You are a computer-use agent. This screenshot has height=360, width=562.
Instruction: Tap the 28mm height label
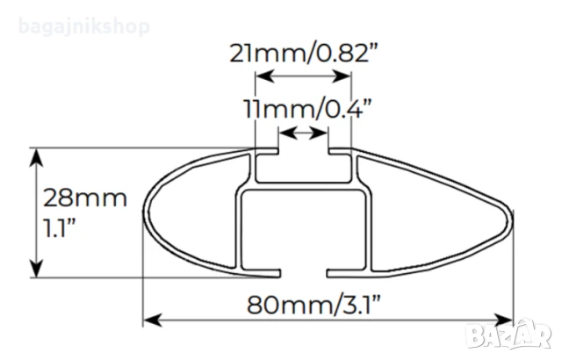(85, 198)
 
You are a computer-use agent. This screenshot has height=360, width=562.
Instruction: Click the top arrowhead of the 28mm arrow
(37, 156)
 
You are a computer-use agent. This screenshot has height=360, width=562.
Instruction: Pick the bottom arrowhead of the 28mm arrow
(37, 269)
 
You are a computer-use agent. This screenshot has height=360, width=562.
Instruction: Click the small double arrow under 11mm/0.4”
(303, 133)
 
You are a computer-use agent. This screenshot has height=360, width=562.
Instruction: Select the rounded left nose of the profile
(149, 211)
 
